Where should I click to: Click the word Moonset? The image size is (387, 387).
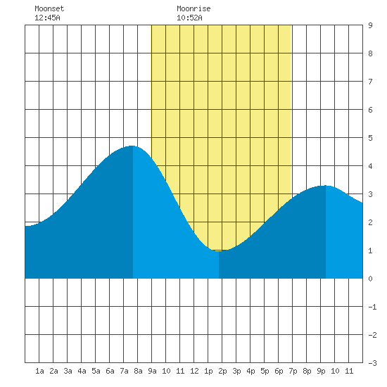point(49,8)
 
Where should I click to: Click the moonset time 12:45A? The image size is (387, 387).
point(47,18)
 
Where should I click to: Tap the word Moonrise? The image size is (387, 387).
point(193,8)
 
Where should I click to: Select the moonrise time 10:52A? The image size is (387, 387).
point(189,18)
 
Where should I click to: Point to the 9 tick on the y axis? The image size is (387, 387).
point(370,25)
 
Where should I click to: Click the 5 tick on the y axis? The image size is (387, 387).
point(370,138)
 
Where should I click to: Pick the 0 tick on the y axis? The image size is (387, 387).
point(370,279)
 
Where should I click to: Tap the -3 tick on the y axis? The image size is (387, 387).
point(372,363)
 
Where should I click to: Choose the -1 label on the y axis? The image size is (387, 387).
point(372,307)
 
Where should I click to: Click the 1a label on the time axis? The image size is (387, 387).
point(39,371)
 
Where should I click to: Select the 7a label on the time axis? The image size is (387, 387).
point(124,371)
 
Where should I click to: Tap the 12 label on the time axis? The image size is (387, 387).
point(194,371)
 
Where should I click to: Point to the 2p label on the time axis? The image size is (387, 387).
point(222,371)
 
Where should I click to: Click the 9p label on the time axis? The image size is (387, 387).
point(321,371)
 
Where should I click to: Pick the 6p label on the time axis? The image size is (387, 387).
point(279,371)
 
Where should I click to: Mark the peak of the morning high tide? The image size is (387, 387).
point(132,146)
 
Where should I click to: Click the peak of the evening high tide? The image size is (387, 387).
point(325,185)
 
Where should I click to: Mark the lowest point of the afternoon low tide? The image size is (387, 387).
point(219,251)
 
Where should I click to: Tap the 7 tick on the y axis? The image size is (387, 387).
point(370,82)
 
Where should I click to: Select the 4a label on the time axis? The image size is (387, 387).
point(82,371)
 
